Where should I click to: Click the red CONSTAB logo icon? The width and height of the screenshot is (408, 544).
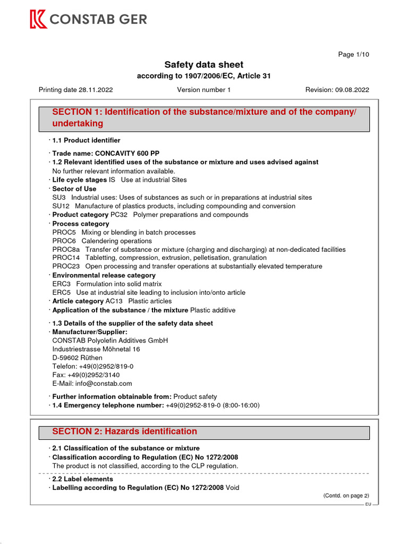click(x=38, y=20)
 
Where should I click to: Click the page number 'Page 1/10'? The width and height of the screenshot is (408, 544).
click(x=353, y=54)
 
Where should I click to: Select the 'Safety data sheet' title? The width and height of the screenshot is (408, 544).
click(x=203, y=65)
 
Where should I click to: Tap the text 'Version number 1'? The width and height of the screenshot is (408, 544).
click(x=203, y=90)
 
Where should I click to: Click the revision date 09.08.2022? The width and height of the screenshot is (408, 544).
click(x=352, y=90)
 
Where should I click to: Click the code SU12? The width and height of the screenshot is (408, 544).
click(x=62, y=206)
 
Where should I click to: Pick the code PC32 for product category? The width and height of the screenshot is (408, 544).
click(x=119, y=215)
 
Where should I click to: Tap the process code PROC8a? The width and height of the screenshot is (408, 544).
click(x=66, y=249)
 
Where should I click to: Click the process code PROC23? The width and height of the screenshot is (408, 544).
click(x=66, y=266)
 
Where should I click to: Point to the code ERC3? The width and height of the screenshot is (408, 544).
click(x=62, y=284)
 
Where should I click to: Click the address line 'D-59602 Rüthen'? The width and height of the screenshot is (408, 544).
click(x=78, y=358)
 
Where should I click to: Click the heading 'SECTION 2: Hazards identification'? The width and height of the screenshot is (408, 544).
click(x=124, y=431)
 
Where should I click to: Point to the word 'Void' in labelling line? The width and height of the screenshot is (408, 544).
click(x=233, y=487)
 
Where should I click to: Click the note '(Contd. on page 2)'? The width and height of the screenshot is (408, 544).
click(x=346, y=496)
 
